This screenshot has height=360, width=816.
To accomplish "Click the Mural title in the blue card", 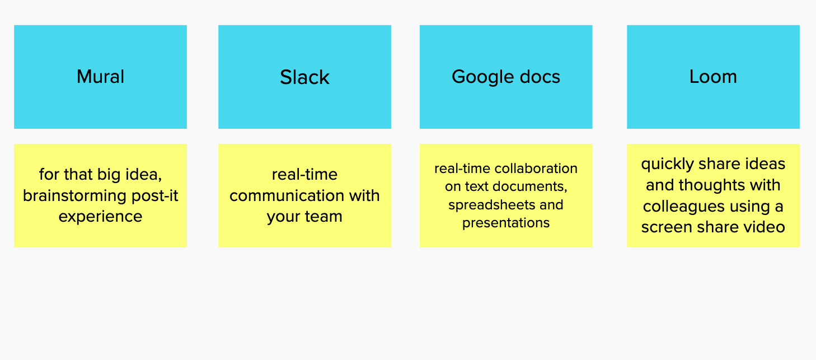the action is (x=101, y=77).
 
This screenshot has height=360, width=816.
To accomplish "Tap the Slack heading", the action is (x=304, y=77).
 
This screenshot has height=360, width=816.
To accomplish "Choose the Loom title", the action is (x=713, y=77).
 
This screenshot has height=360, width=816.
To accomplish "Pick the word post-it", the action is (x=155, y=196).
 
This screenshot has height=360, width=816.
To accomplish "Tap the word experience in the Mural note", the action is (x=101, y=217).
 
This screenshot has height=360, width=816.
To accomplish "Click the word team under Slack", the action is (x=323, y=217).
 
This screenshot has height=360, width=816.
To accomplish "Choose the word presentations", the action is (x=506, y=223).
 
